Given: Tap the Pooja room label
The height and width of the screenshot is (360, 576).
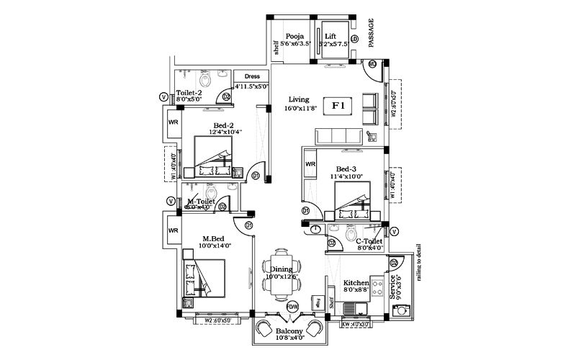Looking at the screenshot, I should [294, 36].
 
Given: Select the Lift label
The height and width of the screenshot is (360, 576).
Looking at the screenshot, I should [330, 36].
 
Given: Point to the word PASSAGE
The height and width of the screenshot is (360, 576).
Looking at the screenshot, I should [372, 33].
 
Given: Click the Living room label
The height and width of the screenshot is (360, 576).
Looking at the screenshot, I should [299, 99].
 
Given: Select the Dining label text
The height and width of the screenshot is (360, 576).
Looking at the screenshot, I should [281, 269].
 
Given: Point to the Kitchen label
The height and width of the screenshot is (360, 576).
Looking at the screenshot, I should [356, 283].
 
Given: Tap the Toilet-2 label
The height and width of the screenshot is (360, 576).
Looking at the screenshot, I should [189, 94].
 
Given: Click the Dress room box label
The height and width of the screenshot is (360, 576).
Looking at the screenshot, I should [252, 76].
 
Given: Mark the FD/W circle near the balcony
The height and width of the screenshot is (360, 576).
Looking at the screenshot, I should [292, 307].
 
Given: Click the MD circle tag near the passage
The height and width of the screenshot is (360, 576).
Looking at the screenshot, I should [372, 64].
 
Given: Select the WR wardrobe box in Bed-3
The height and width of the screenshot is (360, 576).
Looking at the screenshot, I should [310, 164].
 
